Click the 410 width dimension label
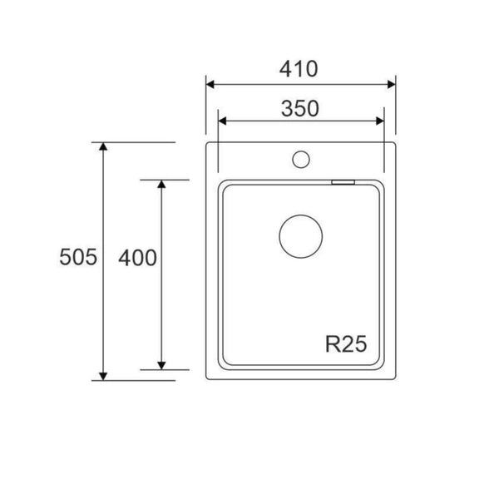tap(299, 69)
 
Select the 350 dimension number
tap(300, 108)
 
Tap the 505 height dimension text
tap(78, 257)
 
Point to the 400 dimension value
tap(137, 258)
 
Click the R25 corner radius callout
tap(346, 343)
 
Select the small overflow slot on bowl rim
tap(343, 182)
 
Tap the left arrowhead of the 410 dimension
tap(210, 84)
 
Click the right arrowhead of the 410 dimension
tap(392, 84)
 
